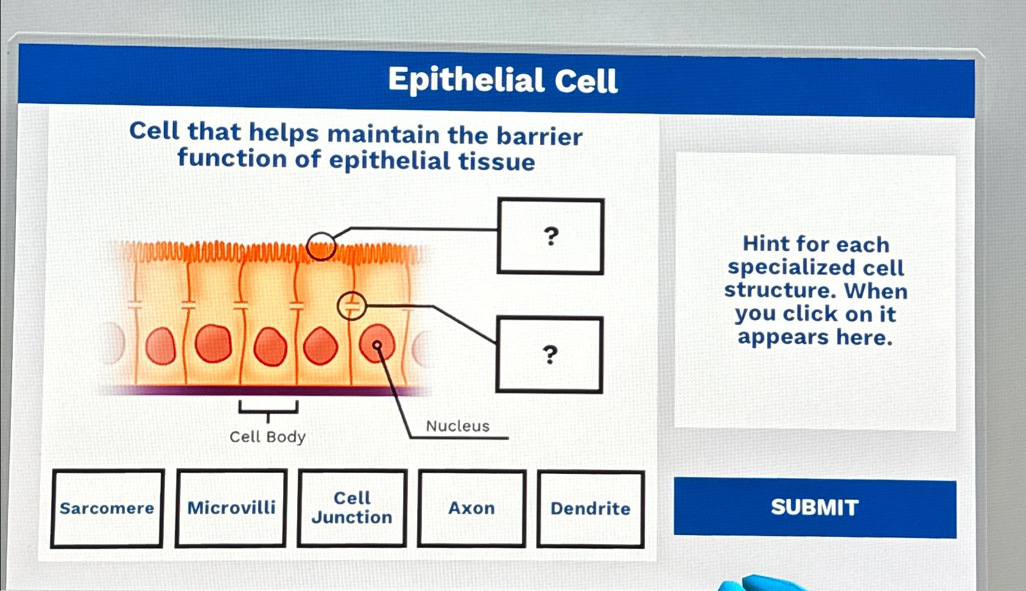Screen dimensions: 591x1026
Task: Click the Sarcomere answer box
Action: click(107, 508)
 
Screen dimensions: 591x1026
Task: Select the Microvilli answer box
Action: click(231, 508)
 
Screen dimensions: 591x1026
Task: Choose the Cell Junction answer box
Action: click(352, 508)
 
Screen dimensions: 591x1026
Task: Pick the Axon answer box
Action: click(471, 508)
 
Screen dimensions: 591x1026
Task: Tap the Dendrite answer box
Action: click(590, 509)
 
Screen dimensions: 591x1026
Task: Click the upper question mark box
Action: click(550, 236)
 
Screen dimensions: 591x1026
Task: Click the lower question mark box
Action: click(549, 354)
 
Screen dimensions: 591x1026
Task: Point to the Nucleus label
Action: click(457, 426)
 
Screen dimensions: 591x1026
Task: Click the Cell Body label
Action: click(267, 437)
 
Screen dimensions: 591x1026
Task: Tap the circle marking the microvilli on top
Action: click(321, 246)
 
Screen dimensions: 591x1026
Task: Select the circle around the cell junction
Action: click(351, 306)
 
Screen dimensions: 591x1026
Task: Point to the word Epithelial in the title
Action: click(466, 80)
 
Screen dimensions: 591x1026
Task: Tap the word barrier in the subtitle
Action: click(539, 136)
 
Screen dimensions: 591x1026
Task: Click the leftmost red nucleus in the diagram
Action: click(161, 345)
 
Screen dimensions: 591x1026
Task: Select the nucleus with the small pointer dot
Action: click(377, 345)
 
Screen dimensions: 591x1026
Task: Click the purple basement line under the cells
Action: click(262, 391)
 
